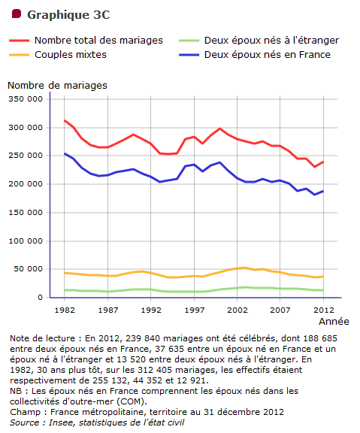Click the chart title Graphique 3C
point(68,15)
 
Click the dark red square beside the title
point(17,14)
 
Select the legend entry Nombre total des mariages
point(98,41)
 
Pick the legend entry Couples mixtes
point(71,55)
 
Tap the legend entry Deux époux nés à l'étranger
point(271,41)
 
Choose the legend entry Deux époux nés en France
point(268,55)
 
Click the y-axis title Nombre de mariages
point(57,86)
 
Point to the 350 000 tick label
point(26,99)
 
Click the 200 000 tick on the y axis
point(26,184)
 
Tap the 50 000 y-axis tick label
point(29,269)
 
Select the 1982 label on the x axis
point(65,310)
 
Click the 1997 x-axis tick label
point(195,310)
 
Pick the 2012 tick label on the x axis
point(324,310)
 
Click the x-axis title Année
point(334,322)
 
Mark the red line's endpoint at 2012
point(323,162)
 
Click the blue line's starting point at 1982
point(65,153)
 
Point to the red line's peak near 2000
point(220,129)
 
